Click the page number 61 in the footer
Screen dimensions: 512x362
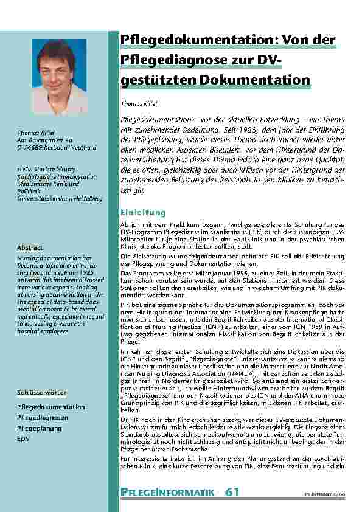pyautogui.click(x=232, y=491)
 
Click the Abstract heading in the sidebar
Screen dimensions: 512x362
pyautogui.click(x=30, y=248)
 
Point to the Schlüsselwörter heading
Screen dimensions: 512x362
pyautogui.click(x=42, y=393)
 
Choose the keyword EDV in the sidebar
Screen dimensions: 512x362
pyautogui.click(x=23, y=438)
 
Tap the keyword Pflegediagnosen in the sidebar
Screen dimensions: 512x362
pyautogui.click(x=43, y=417)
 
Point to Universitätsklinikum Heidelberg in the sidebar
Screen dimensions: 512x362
pyautogui.click(x=60, y=198)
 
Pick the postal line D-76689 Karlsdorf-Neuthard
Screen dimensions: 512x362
pyautogui.click(x=57, y=147)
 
